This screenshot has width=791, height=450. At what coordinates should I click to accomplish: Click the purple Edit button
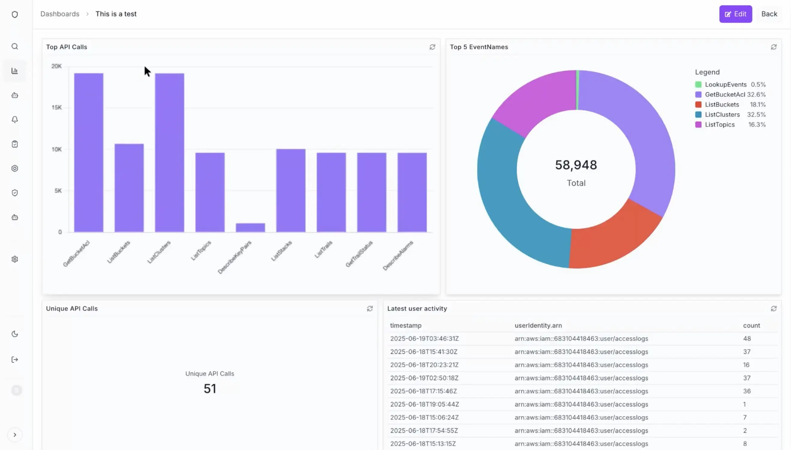(735, 14)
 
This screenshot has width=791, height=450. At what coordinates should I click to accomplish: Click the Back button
(769, 14)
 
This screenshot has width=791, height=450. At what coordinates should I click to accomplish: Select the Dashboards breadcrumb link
(60, 14)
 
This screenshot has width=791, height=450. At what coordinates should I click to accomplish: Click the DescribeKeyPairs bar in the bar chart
(250, 227)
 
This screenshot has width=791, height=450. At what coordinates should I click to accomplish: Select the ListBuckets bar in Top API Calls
(129, 188)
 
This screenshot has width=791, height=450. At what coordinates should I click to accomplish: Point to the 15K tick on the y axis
(56, 108)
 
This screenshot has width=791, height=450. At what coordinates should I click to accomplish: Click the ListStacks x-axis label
(281, 251)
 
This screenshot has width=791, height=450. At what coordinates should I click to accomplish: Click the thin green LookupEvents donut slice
(577, 90)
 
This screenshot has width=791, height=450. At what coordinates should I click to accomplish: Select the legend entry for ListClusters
(722, 115)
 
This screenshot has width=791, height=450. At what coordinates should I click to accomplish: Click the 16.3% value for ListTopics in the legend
(756, 125)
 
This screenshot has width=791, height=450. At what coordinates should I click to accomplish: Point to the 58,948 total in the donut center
(576, 165)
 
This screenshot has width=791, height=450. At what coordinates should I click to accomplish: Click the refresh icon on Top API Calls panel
(432, 47)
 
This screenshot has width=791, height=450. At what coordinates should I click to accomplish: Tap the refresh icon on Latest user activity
(773, 309)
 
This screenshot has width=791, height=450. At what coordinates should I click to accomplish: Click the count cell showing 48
(747, 339)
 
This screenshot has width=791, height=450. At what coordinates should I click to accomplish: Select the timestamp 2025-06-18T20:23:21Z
(424, 365)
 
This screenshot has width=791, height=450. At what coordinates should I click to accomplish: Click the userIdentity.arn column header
(538, 325)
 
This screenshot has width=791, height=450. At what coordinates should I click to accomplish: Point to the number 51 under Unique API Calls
(210, 388)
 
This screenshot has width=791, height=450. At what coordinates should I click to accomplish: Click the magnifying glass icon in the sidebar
(15, 46)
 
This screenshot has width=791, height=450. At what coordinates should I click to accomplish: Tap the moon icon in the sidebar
(15, 334)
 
